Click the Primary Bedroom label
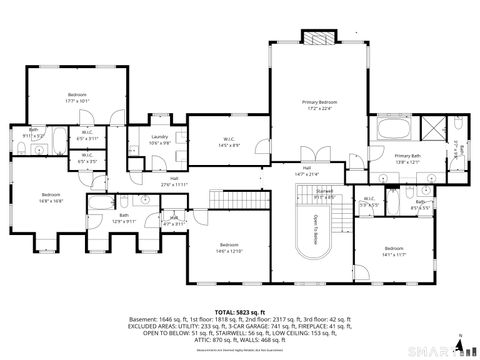(x=321, y=104)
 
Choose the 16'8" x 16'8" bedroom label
(x=51, y=197)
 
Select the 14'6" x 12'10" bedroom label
(x=229, y=246)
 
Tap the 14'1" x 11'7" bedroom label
(x=393, y=250)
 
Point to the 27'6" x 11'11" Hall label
(x=174, y=182)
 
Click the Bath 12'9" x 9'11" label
(x=124, y=217)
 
